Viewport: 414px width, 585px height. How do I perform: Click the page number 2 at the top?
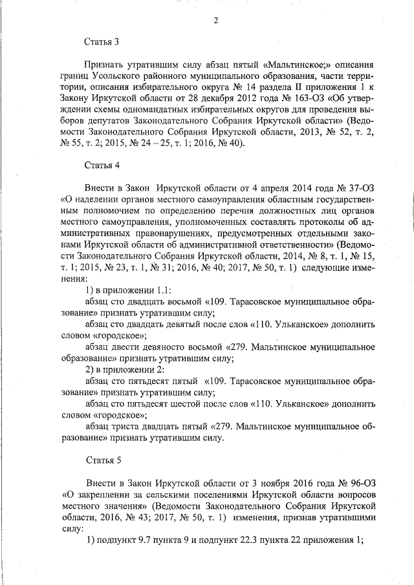[216, 20]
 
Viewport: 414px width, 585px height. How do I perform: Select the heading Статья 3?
[102, 43]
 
